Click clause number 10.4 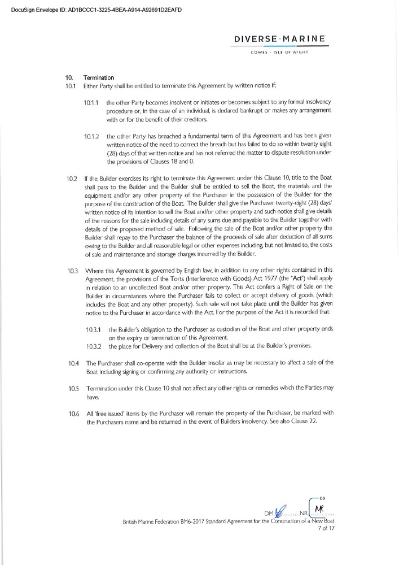(x=72, y=362)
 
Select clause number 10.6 (x=72, y=414)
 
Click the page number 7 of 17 (x=327, y=528)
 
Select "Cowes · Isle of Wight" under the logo (x=280, y=54)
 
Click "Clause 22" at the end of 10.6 (x=322, y=423)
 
